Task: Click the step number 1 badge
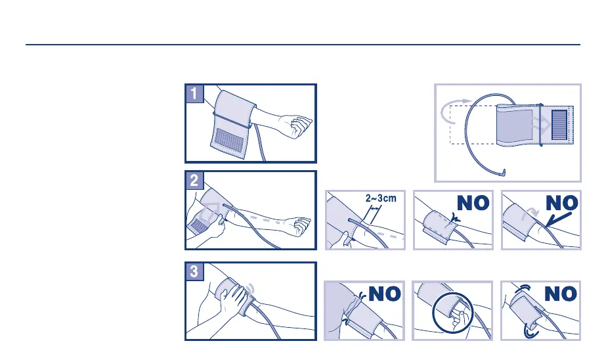194,93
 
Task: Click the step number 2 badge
194,181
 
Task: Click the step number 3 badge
194,271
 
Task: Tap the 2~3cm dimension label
381,198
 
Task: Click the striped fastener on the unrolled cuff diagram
559,125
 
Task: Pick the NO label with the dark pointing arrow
562,202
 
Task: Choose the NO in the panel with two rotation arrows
561,294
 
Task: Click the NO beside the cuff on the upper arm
385,294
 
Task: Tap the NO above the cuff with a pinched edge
473,202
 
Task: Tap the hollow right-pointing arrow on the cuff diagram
541,125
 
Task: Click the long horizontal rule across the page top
303,45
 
